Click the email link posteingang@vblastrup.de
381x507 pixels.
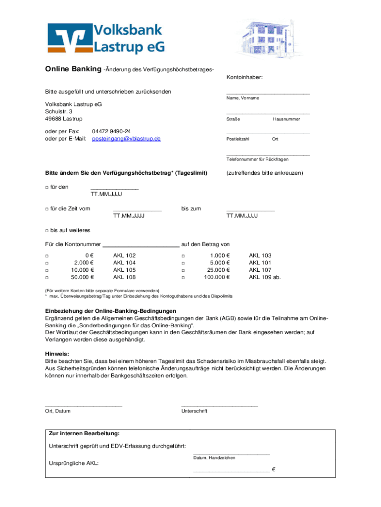click(x=127, y=139)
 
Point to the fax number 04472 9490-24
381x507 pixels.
click(x=111, y=131)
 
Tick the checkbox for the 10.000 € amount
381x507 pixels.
click(x=47, y=270)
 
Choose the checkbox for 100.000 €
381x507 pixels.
click(x=183, y=278)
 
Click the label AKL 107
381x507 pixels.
click(x=260, y=270)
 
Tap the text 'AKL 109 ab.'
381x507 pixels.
click(x=264, y=277)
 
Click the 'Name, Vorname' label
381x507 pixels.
click(x=243, y=98)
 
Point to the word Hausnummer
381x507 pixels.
click(x=286, y=119)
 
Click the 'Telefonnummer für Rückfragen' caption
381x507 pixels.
click(x=257, y=159)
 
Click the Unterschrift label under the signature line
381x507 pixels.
click(x=194, y=411)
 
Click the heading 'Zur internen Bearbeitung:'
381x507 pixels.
click(x=84, y=433)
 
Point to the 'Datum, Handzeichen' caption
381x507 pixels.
click(x=214, y=457)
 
